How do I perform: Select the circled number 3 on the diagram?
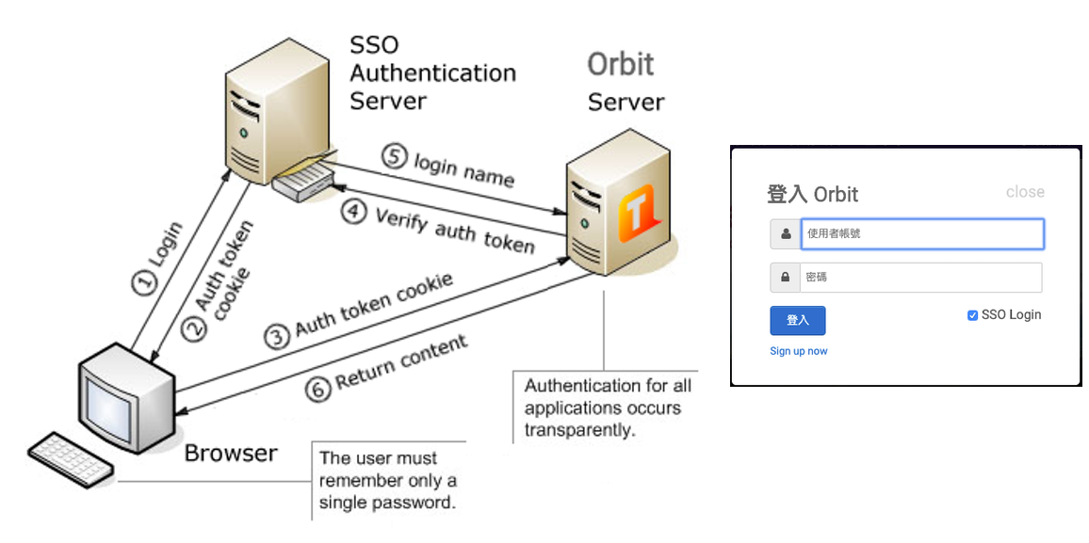coord(276,337)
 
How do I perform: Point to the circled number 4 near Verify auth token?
coord(353,213)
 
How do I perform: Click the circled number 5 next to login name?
coord(394,156)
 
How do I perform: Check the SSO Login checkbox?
coord(972,315)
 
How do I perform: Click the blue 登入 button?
coord(797,321)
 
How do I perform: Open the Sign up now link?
coord(799,351)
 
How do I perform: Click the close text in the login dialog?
coord(1025,192)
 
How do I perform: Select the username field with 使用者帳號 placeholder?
coord(921,233)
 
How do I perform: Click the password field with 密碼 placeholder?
coord(921,278)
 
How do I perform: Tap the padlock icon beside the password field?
coord(785,278)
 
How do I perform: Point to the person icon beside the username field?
coord(785,233)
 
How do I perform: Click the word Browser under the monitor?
coord(231,454)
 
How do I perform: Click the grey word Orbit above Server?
coord(621,64)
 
